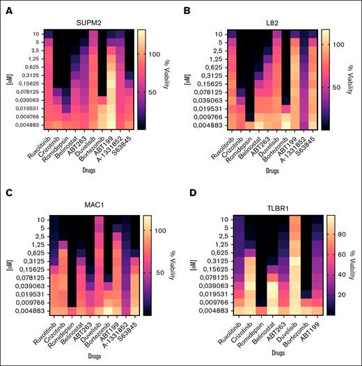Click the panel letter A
(6, 6)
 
